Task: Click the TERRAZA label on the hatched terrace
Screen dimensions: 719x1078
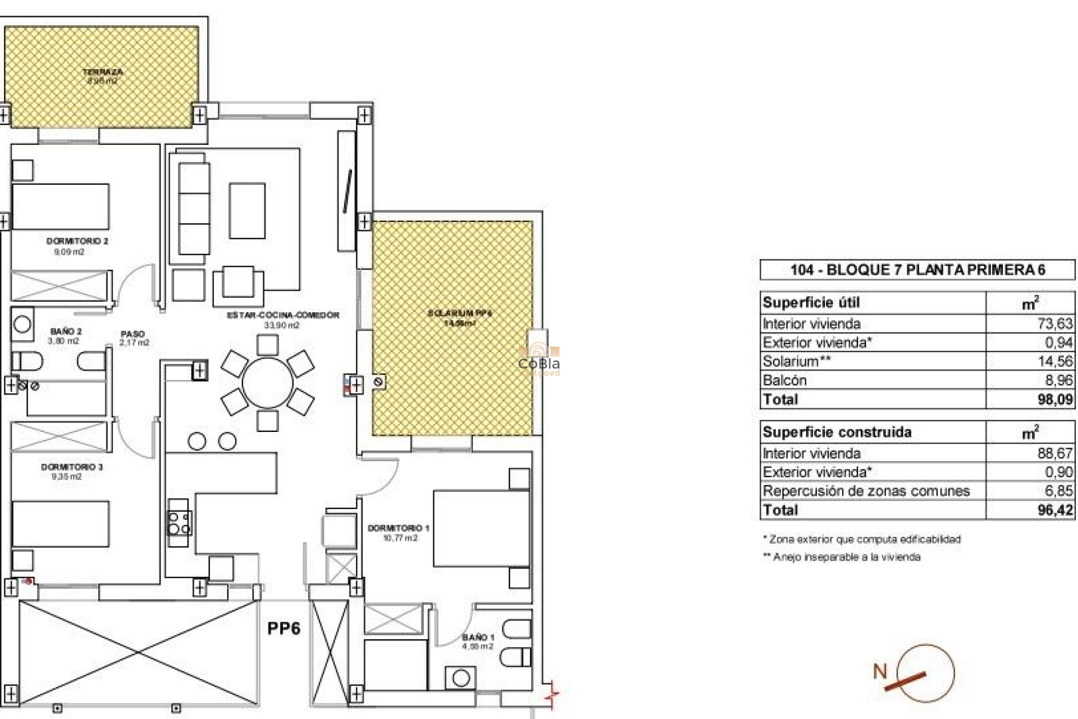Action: (102, 72)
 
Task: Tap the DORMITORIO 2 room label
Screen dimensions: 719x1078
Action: (77, 241)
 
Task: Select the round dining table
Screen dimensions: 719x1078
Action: (267, 383)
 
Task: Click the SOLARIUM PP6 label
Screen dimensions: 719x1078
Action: (459, 313)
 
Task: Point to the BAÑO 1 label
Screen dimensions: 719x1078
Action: (478, 637)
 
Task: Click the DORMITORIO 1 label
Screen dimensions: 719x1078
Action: (398, 528)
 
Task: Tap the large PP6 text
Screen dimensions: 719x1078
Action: (284, 628)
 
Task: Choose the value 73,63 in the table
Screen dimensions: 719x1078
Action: (1054, 324)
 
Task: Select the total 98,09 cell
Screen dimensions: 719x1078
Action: (1055, 399)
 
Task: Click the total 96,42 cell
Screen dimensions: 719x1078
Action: (1055, 510)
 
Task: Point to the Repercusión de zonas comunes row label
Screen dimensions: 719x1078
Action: (865, 491)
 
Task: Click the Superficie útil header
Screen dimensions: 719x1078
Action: (811, 303)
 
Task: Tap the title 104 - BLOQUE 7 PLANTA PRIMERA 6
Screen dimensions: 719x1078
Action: (917, 270)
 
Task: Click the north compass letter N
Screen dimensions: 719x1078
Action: (880, 671)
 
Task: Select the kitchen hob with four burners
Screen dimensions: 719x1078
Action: (179, 522)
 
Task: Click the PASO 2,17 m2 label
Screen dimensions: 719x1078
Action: (134, 338)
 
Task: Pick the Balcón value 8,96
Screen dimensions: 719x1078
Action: (1058, 380)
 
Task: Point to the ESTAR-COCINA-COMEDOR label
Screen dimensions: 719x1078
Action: (283, 315)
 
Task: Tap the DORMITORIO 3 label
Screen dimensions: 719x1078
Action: (71, 467)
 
